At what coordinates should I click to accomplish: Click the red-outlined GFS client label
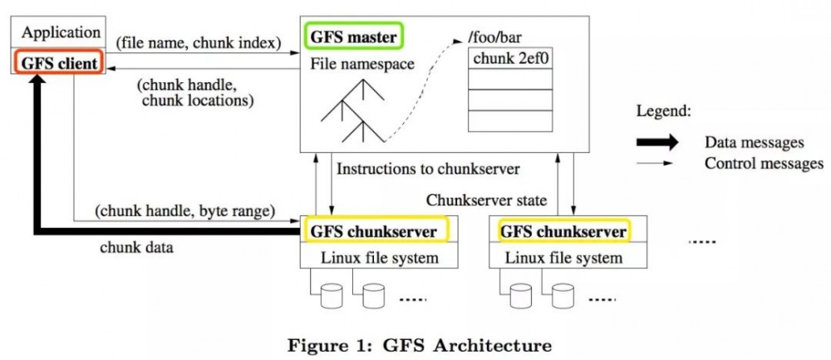[x=57, y=62]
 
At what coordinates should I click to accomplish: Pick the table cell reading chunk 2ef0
[x=509, y=59]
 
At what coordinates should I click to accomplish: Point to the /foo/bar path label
[x=495, y=37]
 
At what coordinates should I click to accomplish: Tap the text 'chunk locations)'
[x=192, y=101]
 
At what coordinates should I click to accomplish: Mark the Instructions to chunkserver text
[x=428, y=169]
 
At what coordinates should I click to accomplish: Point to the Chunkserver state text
[x=488, y=200]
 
